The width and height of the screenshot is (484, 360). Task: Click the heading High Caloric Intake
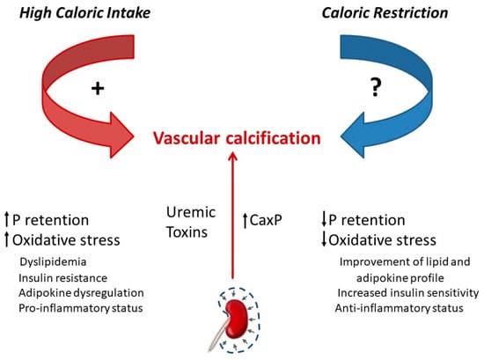pyautogui.click(x=84, y=13)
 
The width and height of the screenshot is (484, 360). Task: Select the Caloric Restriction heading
pyautogui.click(x=385, y=13)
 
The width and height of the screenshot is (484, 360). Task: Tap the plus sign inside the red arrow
pyautogui.click(x=98, y=89)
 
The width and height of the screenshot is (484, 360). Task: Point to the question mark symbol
pyautogui.click(x=376, y=87)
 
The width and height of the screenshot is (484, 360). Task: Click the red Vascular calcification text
pyautogui.click(x=237, y=138)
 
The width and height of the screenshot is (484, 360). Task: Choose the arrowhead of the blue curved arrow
pyautogui.click(x=353, y=136)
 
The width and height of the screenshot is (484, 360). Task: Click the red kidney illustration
pyautogui.click(x=237, y=319)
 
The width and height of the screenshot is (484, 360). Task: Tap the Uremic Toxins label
pyautogui.click(x=190, y=223)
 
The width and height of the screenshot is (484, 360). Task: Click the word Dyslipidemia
pyautogui.click(x=53, y=262)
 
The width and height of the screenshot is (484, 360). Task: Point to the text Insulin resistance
pyautogui.click(x=63, y=278)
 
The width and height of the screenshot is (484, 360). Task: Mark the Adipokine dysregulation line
pyautogui.click(x=81, y=293)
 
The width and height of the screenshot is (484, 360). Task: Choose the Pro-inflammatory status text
pyautogui.click(x=81, y=308)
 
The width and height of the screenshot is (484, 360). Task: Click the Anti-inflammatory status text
pyautogui.click(x=400, y=308)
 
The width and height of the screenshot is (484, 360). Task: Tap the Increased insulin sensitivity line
pyautogui.click(x=408, y=293)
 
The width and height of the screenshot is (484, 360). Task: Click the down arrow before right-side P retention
pyautogui.click(x=324, y=219)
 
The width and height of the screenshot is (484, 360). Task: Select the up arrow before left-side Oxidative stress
pyautogui.click(x=7, y=239)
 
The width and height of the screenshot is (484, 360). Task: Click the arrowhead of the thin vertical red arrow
pyautogui.click(x=232, y=156)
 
